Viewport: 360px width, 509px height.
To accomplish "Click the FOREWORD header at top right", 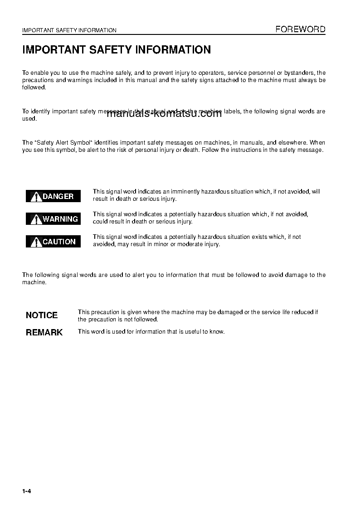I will point(301,29).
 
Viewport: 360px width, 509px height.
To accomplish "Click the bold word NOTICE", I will point(42,315).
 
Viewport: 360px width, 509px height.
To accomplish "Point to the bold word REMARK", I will point(44,333).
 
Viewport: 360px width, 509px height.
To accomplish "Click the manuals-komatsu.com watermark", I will point(164,114).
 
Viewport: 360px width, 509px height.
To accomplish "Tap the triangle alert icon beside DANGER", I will point(36,196).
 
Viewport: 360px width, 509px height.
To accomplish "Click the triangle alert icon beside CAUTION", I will point(36,242).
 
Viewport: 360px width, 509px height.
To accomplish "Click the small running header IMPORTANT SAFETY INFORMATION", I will point(69,30).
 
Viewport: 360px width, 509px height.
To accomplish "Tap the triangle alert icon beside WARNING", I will point(36,219).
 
